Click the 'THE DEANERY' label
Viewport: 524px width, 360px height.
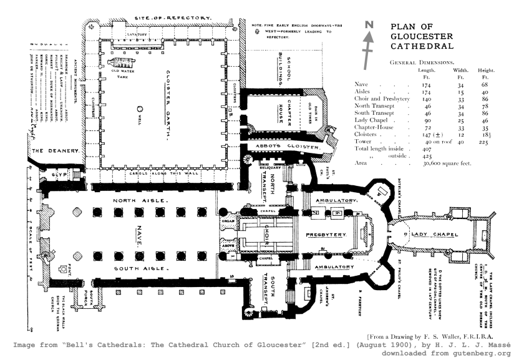[x=54, y=150]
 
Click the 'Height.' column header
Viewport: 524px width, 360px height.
[x=483, y=71]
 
